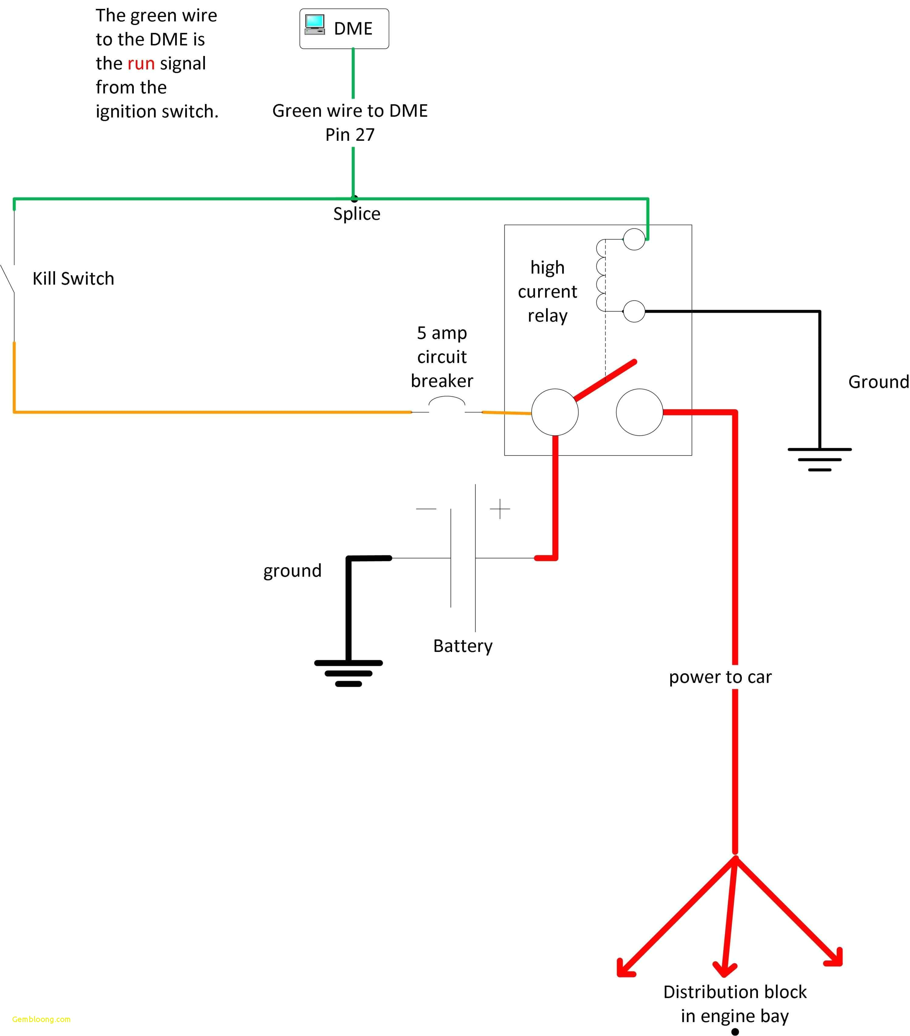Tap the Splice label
(x=356, y=214)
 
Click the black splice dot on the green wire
(x=354, y=199)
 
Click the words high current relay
(x=547, y=291)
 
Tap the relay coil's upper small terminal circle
(x=634, y=239)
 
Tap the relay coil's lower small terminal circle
(x=634, y=311)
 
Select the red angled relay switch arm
(x=605, y=380)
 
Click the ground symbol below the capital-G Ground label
(x=819, y=459)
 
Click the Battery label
(x=462, y=646)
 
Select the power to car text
(x=720, y=677)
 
